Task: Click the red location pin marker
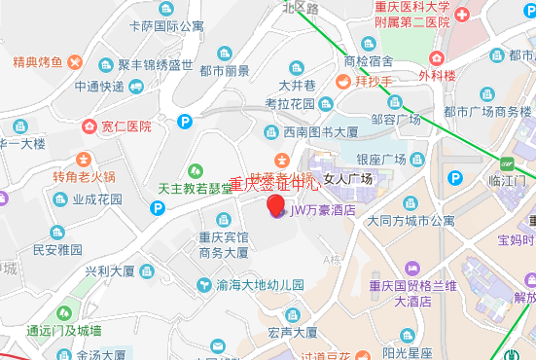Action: (276, 204)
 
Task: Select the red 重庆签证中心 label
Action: (274, 183)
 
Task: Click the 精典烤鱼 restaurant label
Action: (38, 63)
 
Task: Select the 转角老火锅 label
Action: (85, 177)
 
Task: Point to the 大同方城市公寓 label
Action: (411, 221)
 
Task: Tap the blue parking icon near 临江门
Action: (454, 177)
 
